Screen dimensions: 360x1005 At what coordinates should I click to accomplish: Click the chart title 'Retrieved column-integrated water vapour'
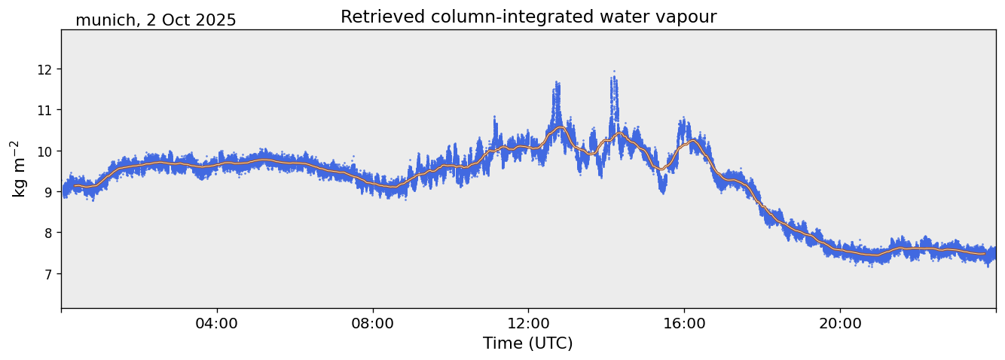528,17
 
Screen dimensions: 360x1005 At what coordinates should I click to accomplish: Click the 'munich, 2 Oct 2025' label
155,20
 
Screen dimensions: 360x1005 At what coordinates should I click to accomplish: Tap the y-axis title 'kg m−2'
18,169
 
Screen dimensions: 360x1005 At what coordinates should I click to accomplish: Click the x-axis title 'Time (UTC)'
527,343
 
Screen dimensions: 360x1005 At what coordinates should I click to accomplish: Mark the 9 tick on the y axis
51,192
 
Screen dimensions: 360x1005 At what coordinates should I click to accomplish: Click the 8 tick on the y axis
51,233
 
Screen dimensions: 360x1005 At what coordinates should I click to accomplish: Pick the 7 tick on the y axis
51,273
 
